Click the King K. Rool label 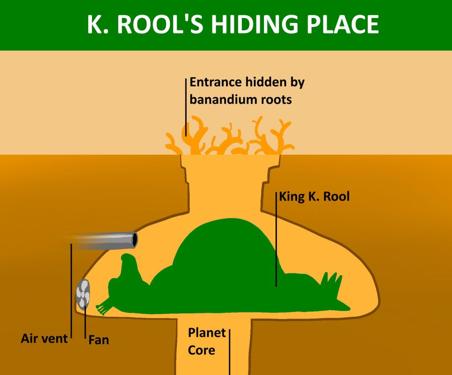(314, 197)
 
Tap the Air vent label (44, 338)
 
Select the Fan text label (98, 340)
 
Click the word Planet (207, 333)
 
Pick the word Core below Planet (201, 350)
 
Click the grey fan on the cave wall (83, 293)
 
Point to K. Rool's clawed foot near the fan (104, 308)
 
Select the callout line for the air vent (71, 291)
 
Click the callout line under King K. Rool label (276, 239)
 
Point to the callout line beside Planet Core (230, 352)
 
